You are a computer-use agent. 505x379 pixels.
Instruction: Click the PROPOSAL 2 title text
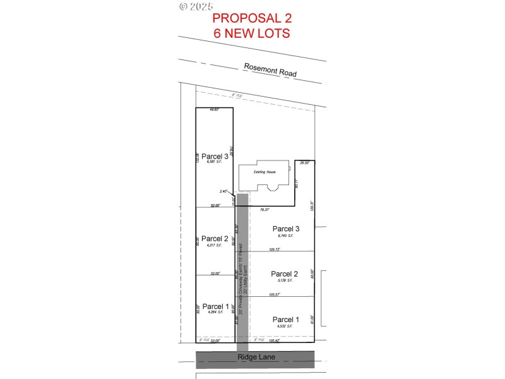point(252,18)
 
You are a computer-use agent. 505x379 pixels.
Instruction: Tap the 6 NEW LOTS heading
point(252,33)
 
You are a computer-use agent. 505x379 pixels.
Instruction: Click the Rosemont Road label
point(270,71)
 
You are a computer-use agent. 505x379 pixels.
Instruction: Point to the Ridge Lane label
point(255,358)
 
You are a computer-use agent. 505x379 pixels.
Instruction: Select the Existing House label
point(265,172)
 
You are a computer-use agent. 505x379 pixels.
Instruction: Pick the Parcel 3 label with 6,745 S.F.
point(285,229)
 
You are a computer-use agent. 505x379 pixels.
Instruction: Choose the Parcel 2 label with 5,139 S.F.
point(284,274)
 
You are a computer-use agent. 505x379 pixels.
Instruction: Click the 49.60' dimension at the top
point(213,110)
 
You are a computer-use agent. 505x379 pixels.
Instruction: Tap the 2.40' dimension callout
point(223,191)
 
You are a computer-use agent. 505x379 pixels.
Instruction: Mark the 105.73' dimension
point(284,249)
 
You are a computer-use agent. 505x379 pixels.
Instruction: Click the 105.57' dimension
point(284,294)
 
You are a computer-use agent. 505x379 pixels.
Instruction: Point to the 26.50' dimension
point(305,164)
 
